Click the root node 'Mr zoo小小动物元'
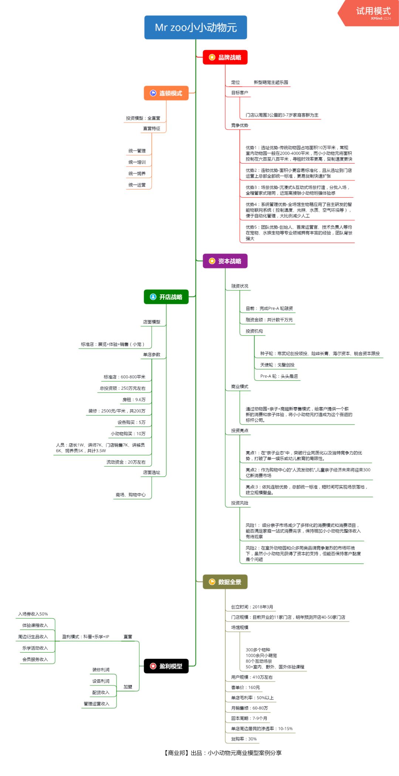(x=195, y=27)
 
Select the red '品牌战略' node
(x=225, y=57)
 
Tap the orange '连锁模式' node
(x=166, y=93)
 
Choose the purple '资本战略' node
(x=225, y=261)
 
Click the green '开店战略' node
(x=166, y=297)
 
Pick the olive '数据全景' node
(x=225, y=582)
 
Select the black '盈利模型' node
(x=166, y=666)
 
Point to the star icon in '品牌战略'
(x=212, y=57)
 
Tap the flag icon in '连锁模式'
(x=153, y=93)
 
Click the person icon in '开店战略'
(x=153, y=297)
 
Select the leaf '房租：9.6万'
(x=134, y=399)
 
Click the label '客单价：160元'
(x=246, y=687)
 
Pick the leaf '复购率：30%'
(x=244, y=739)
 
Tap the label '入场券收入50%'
(x=33, y=614)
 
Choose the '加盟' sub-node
(x=128, y=687)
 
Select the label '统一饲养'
(x=137, y=174)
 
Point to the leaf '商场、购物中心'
(x=131, y=495)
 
